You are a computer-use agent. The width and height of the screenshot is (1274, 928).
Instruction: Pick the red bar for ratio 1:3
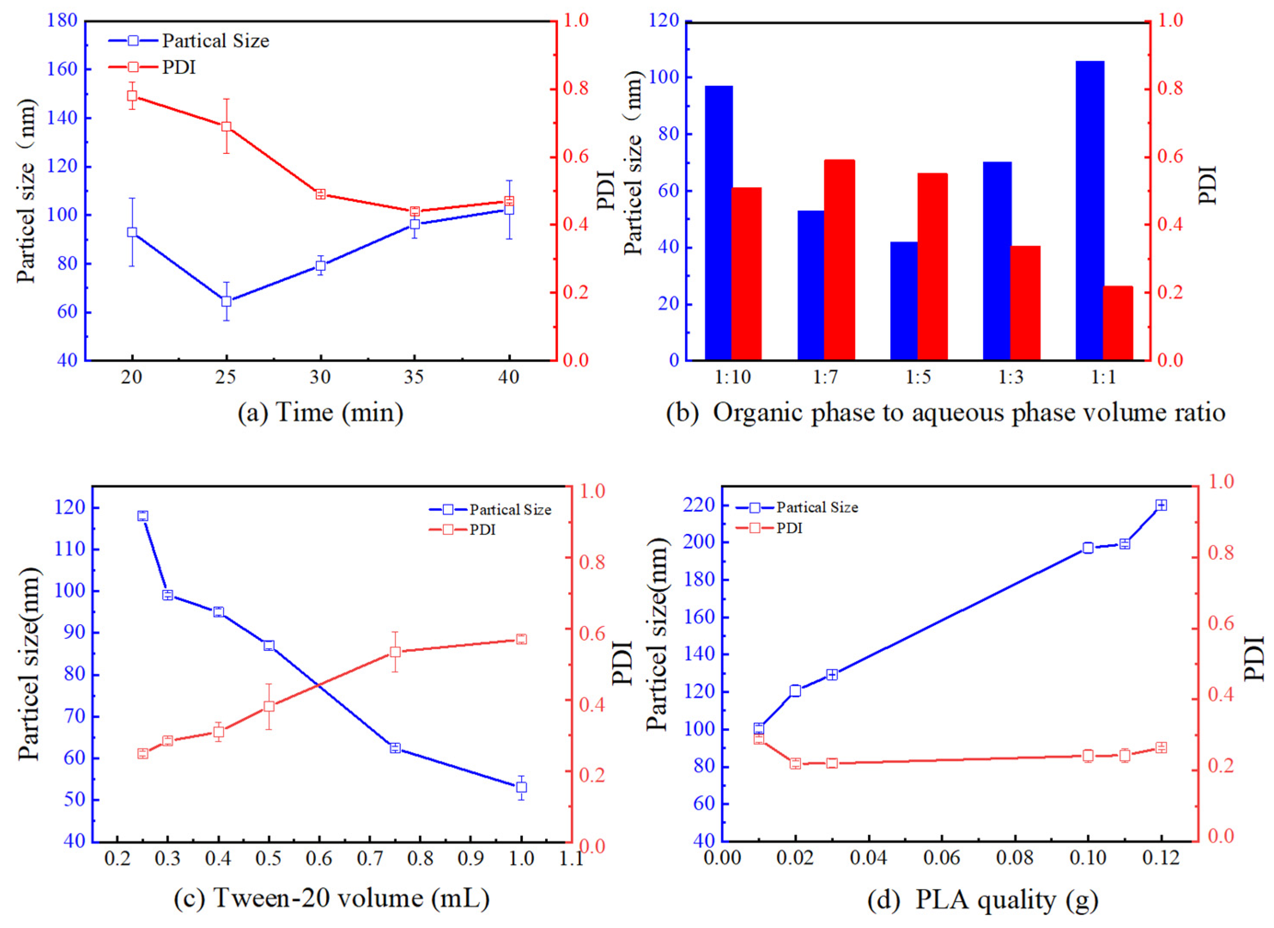pos(1025,303)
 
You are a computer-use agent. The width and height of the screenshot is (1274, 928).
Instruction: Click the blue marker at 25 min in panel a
pos(226,301)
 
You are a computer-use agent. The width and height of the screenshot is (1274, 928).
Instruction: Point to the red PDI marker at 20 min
pos(132,95)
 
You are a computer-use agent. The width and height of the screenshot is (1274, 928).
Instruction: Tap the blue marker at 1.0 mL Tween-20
pos(521,788)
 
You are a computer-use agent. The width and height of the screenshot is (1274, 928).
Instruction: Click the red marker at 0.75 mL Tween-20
pos(395,652)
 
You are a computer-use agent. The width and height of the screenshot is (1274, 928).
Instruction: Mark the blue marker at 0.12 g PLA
pos(1161,505)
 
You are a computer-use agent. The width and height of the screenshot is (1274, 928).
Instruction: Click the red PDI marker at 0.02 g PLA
pos(795,763)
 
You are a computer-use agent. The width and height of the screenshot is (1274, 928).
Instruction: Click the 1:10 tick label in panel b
pos(732,378)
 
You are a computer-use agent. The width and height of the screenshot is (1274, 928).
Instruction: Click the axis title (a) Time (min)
pos(320,413)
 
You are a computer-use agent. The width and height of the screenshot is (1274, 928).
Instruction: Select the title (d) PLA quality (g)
pos(983,899)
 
